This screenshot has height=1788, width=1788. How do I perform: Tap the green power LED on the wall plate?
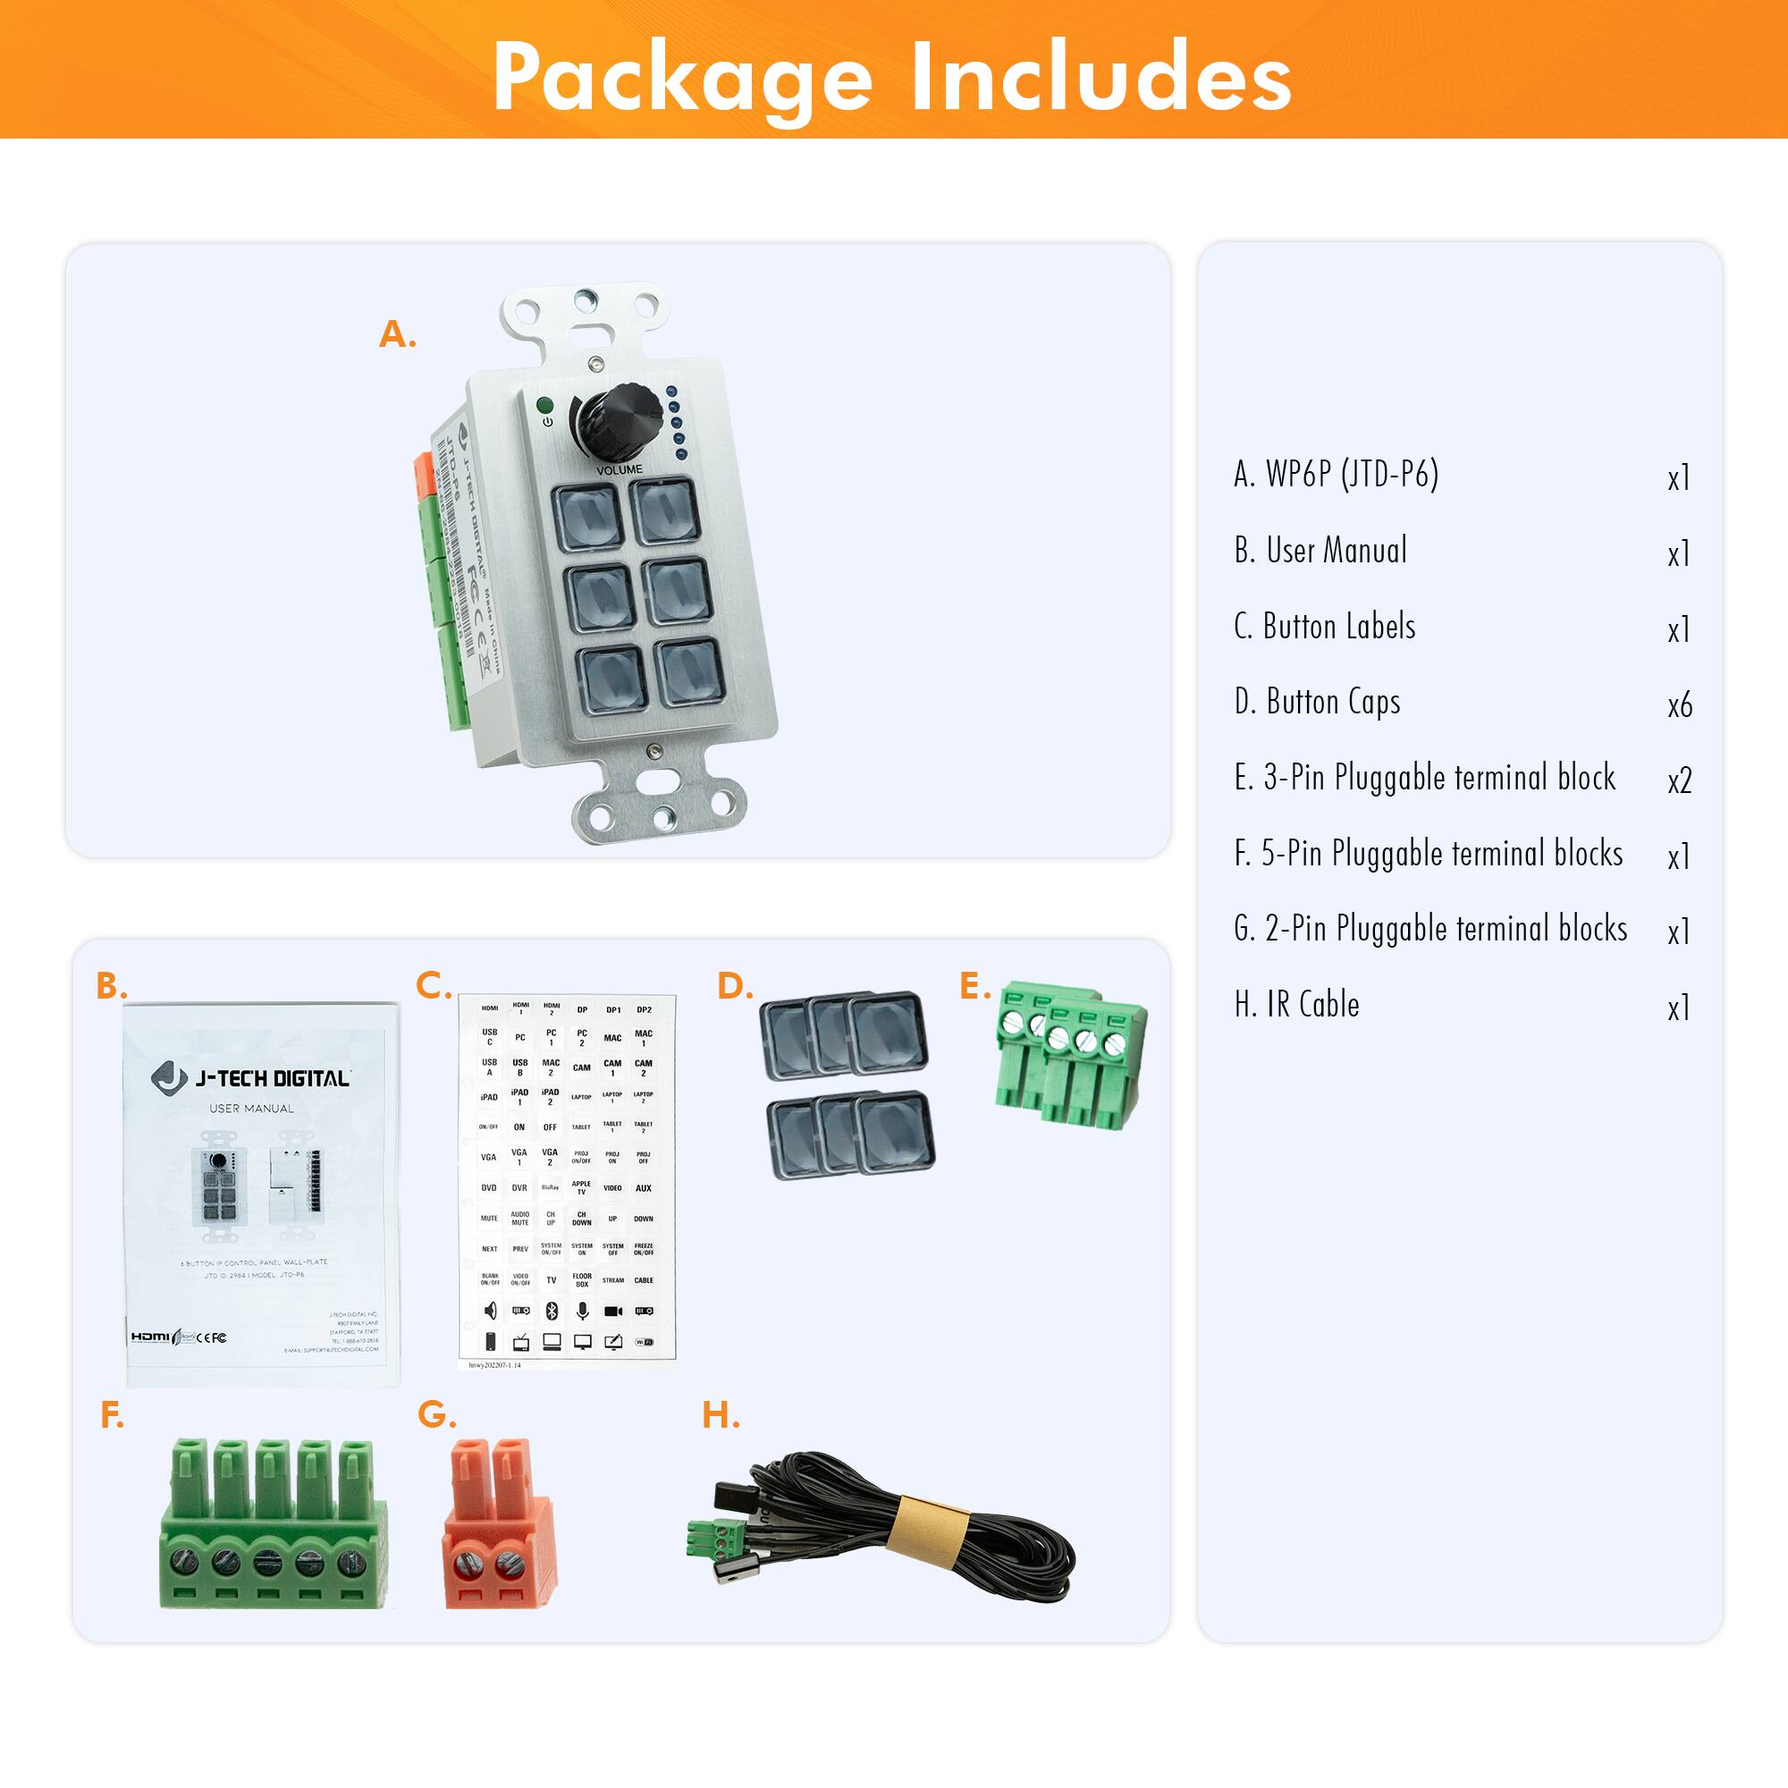click(545, 405)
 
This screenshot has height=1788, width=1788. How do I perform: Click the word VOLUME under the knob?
click(620, 470)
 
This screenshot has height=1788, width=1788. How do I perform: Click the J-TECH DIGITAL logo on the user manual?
click(251, 1078)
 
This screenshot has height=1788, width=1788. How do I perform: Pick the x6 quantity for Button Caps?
click(1679, 706)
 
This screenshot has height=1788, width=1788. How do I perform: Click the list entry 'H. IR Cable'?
click(1296, 1005)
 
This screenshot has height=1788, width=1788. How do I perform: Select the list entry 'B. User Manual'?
click(1320, 551)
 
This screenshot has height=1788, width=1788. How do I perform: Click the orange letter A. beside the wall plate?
click(397, 334)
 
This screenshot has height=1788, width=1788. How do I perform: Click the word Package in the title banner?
click(682, 78)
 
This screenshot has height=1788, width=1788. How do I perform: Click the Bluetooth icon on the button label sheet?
click(552, 1311)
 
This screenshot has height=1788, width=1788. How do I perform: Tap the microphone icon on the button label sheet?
click(582, 1311)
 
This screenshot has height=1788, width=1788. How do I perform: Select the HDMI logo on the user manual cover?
click(151, 1337)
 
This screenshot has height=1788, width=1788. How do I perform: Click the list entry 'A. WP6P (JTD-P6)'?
click(1336, 475)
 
